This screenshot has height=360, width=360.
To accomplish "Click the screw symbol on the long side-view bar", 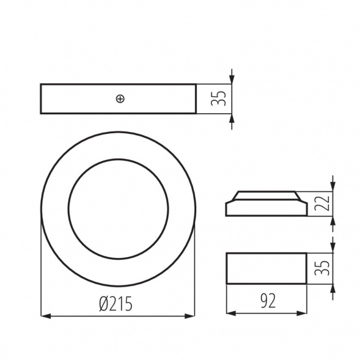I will pos(120,98).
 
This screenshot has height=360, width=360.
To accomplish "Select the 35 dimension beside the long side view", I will pos(221,98).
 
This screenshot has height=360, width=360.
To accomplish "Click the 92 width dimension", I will pos(266,300).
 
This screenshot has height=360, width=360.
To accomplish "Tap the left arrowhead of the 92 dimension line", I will pos(230,314).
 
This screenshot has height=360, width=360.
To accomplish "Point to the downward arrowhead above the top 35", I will pos(232,79).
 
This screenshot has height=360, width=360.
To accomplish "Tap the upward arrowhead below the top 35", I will pos(232,118).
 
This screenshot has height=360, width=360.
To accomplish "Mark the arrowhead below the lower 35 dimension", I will pos(333,288).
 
